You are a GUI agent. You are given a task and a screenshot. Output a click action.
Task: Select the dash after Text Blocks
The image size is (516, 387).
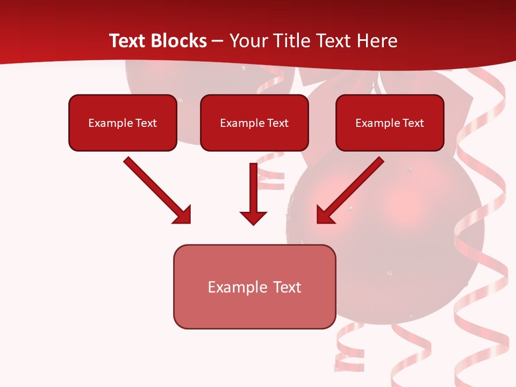[x=218, y=41]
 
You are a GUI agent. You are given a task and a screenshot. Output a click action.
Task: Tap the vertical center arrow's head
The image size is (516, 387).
[x=253, y=218]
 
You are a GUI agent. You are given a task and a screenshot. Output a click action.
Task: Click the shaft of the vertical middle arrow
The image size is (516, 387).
[x=253, y=185]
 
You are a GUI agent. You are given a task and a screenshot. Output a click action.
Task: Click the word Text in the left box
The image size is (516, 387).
[x=146, y=123]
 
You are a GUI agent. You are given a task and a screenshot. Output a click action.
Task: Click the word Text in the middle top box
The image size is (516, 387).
[x=277, y=123]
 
